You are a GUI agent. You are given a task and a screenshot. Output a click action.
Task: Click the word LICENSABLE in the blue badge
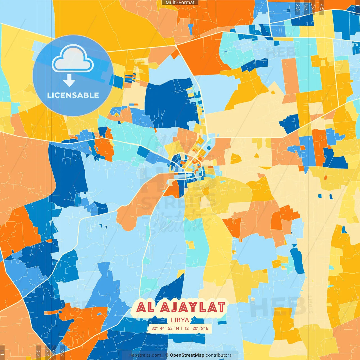(73, 95)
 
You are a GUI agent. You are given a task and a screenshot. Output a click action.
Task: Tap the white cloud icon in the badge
(73, 58)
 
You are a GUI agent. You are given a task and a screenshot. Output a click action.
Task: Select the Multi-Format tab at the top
(180, 3)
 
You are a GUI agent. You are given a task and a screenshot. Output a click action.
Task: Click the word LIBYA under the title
(180, 320)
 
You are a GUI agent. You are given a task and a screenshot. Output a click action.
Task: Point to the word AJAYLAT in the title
(193, 307)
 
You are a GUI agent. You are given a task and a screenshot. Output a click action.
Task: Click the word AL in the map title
(145, 307)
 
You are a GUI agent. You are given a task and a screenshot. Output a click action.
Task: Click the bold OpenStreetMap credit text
(187, 355)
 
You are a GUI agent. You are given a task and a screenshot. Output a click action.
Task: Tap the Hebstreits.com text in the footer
(145, 355)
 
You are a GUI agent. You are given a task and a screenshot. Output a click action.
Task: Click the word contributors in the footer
(219, 355)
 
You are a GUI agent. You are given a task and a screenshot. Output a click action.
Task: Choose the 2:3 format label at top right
(298, 7)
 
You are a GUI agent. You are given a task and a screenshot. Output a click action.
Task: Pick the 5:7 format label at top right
(306, 7)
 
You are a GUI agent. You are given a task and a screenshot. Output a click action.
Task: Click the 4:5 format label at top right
(322, 7)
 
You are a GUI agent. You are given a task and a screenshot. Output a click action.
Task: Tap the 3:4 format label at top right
(312, 7)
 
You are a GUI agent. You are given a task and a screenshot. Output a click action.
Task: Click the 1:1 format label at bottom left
(2, 352)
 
